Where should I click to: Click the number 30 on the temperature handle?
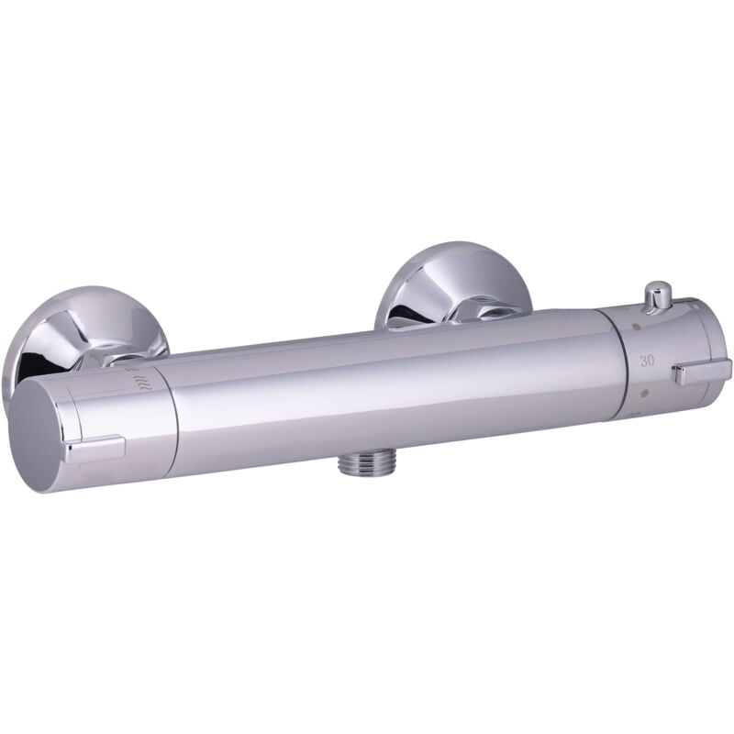(647, 361)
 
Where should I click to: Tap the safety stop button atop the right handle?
(656, 298)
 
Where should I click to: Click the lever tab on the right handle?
(701, 372)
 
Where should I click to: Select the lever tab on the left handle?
(95, 449)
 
